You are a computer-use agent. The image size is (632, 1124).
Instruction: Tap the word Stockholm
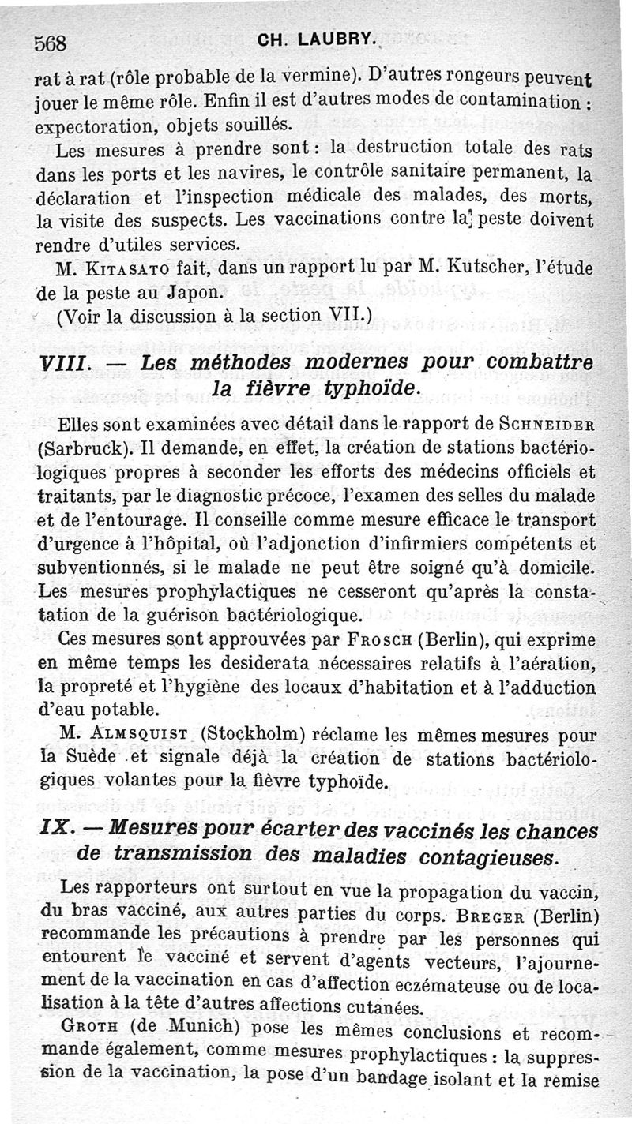(257, 733)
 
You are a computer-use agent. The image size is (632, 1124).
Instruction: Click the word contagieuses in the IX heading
(473, 854)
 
